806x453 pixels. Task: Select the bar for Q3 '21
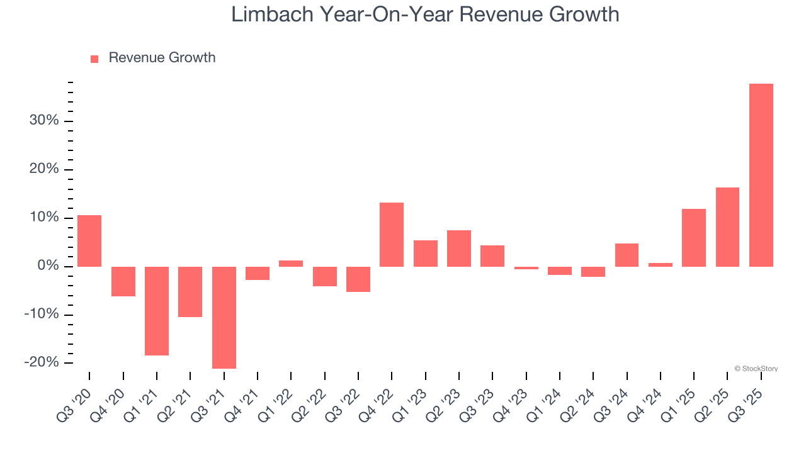224,317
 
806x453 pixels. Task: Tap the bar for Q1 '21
157,311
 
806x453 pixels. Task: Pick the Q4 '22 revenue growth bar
392,234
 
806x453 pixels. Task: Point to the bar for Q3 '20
89,241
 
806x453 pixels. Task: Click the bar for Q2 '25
727,227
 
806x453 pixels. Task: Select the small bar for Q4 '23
526,268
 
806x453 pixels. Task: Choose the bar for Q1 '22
291,264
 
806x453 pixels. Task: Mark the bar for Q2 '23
459,249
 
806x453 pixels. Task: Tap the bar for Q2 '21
190,292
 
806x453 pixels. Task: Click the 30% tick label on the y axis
44,121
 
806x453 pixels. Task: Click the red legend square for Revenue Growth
94,59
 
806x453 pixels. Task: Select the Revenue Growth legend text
162,58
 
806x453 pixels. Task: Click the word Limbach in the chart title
273,14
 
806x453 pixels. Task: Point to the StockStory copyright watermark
756,369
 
